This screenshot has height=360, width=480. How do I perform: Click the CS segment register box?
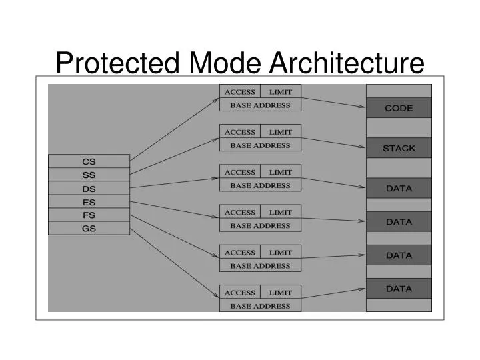(x=89, y=161)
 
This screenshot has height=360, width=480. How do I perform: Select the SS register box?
(x=89, y=175)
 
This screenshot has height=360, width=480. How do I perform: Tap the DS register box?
(x=89, y=189)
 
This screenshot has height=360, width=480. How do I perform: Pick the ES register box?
(x=89, y=202)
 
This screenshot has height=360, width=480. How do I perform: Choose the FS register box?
(x=89, y=215)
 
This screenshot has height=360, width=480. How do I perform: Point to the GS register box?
(x=89, y=229)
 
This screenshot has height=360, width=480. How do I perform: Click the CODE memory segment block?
(x=399, y=108)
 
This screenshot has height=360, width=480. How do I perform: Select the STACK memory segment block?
(x=399, y=148)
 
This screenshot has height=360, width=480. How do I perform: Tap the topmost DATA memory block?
(x=399, y=188)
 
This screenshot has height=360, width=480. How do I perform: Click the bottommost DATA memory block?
(x=399, y=289)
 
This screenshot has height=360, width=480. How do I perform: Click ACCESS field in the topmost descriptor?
(x=240, y=91)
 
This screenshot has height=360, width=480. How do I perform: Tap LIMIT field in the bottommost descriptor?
(x=281, y=293)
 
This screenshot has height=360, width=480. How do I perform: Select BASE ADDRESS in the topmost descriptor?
(x=260, y=105)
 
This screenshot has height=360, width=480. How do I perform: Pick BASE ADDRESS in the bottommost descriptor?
(x=260, y=306)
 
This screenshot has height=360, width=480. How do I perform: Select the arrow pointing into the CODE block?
(x=333, y=101)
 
